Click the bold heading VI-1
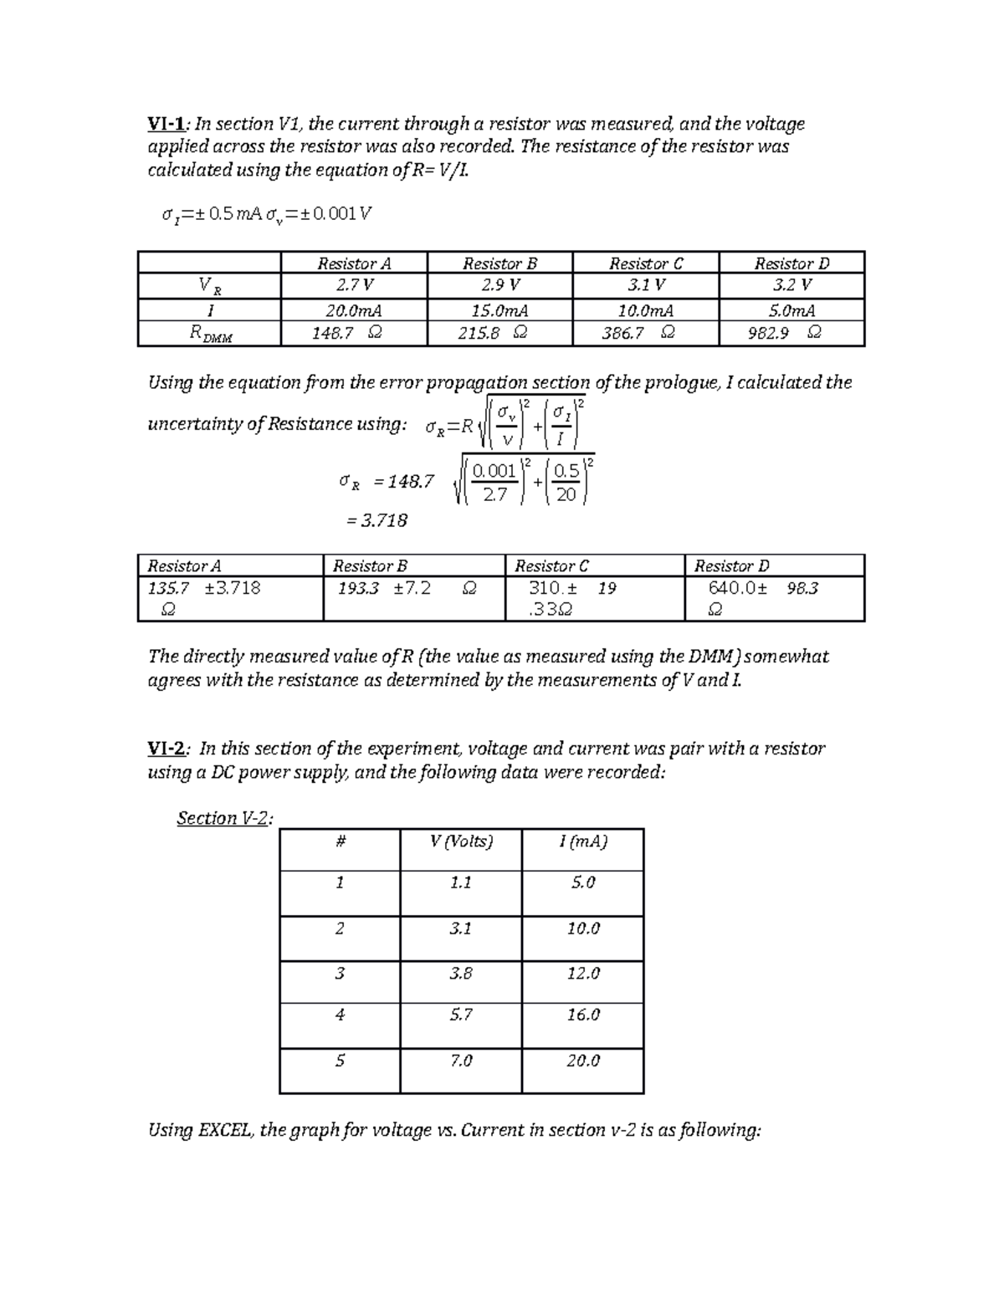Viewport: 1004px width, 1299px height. [166, 125]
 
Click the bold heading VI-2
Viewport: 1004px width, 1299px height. [166, 749]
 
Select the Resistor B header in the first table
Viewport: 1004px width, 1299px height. [499, 263]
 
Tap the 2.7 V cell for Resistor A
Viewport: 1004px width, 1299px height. [354, 285]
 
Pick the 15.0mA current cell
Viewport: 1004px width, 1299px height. [499, 310]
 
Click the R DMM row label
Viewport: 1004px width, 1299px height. [210, 334]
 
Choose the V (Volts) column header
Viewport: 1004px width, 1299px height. [461, 841]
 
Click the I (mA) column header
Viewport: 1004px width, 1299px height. [582, 841]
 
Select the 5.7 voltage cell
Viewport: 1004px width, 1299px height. [461, 1015]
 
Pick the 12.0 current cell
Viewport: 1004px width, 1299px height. [582, 974]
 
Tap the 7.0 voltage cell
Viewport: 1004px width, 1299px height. [461, 1061]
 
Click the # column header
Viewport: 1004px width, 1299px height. [340, 841]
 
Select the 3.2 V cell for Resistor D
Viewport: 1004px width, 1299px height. [791, 285]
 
